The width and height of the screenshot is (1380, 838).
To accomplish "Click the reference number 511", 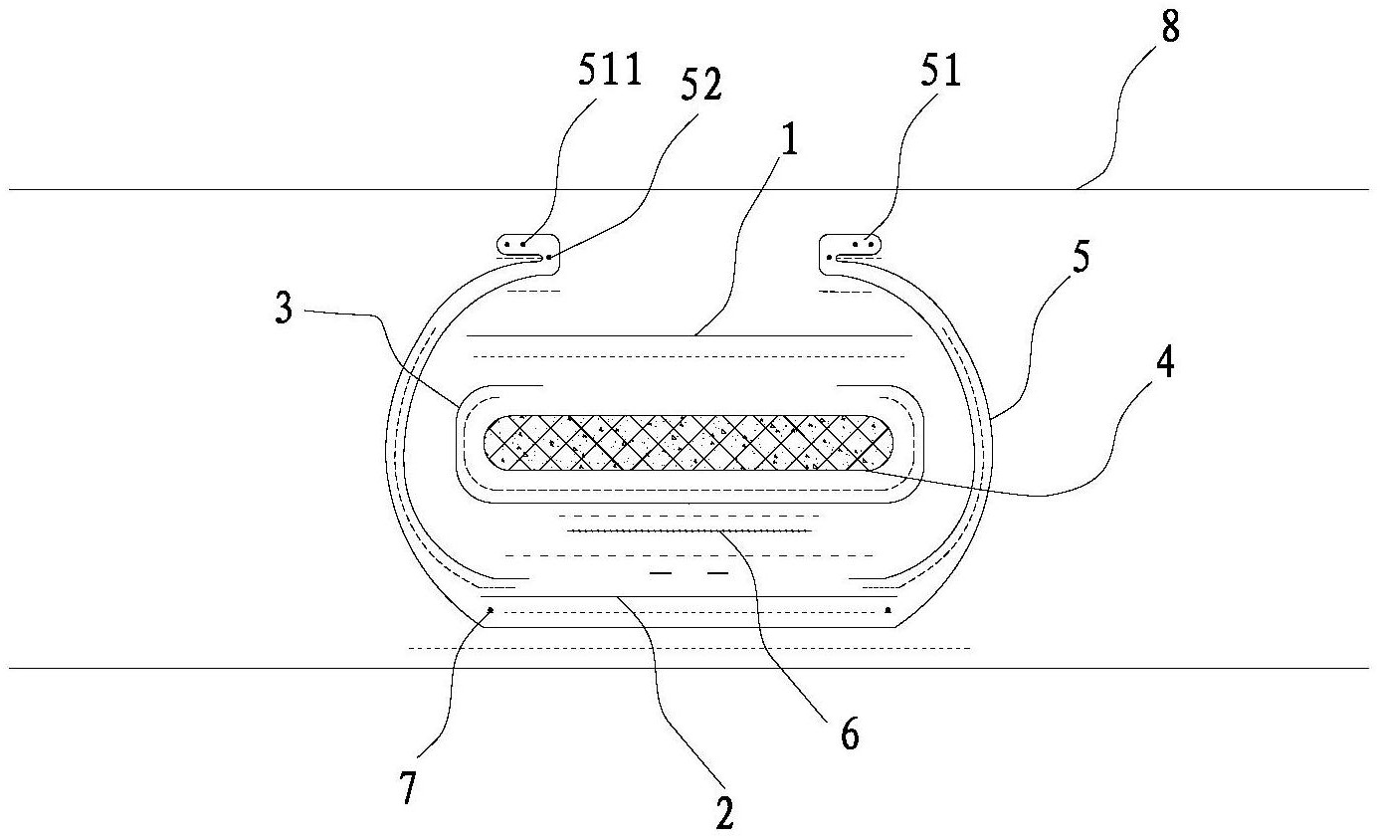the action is [x=610, y=69].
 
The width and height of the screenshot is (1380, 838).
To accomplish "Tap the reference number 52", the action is [x=701, y=85].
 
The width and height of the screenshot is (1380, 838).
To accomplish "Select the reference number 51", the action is [x=941, y=69].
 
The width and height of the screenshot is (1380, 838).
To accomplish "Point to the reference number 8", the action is [x=1170, y=26].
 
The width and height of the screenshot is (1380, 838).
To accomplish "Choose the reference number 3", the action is [x=284, y=308].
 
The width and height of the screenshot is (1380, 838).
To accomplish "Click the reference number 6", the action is [x=850, y=733].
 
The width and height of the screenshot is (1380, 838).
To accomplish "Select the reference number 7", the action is [x=408, y=787].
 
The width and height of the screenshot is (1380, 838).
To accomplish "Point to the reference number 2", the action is [x=724, y=813].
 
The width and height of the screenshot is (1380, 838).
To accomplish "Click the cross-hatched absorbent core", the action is [x=689, y=443].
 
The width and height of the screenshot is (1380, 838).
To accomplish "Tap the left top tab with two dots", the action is [x=528, y=254].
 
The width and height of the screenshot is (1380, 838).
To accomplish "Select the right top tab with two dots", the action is [x=850, y=254].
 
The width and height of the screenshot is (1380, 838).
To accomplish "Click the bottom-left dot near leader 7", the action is [x=491, y=610].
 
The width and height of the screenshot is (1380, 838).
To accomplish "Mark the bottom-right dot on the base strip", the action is [x=887, y=610].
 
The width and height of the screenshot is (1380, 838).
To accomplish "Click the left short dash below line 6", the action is [x=662, y=573].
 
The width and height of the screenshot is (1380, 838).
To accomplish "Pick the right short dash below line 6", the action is [x=717, y=573].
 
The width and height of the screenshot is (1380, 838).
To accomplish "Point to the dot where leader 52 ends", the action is [x=547, y=257].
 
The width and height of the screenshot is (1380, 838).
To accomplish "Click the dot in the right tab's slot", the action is [x=831, y=257].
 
